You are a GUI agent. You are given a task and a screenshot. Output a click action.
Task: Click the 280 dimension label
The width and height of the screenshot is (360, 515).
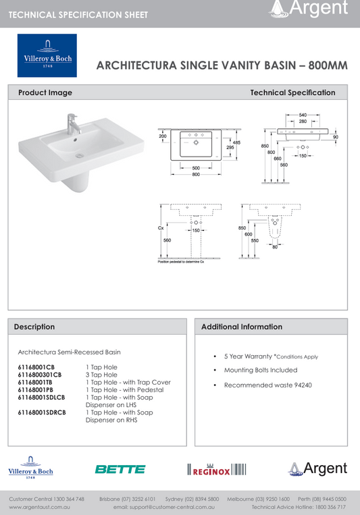(304, 122)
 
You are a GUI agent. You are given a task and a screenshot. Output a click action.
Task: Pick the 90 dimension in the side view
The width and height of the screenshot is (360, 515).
(335, 138)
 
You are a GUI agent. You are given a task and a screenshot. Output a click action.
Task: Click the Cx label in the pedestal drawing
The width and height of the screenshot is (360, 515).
(161, 229)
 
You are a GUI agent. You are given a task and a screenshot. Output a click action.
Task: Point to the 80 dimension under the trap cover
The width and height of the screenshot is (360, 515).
(275, 246)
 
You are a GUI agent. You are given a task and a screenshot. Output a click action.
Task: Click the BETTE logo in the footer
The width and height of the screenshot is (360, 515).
(120, 469)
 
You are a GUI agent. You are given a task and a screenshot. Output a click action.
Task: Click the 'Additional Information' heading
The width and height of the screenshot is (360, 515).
(242, 327)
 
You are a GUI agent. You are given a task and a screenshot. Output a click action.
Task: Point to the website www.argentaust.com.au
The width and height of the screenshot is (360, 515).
(40, 506)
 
